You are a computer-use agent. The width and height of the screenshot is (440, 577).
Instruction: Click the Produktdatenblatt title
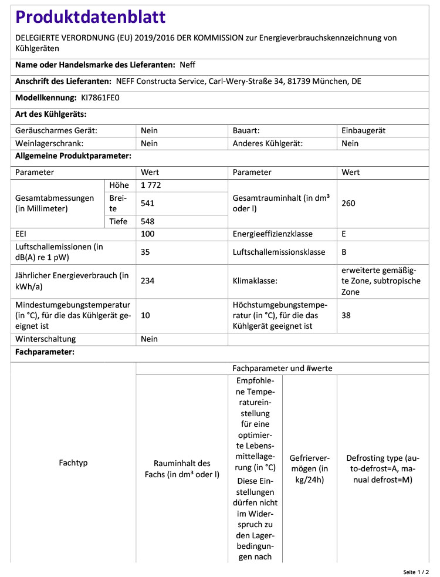90,18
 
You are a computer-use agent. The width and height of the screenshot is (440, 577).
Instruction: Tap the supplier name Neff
188,65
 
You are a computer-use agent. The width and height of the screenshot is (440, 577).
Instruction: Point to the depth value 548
148,221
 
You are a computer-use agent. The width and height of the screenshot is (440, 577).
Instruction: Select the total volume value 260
348,204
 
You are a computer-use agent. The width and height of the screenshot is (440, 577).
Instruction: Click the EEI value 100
148,234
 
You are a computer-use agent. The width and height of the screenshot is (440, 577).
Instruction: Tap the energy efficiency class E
344,234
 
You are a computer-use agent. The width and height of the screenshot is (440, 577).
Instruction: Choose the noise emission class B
344,252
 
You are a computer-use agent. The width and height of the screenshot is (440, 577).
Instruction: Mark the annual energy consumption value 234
148,281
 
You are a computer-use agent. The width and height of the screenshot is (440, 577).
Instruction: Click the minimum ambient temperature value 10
145,315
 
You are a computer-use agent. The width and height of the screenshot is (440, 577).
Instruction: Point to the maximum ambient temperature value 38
346,315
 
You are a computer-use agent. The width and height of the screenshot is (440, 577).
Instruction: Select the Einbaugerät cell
364,131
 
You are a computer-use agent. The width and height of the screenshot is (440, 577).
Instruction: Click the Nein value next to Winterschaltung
150,339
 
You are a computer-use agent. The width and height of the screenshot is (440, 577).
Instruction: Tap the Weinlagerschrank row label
49,143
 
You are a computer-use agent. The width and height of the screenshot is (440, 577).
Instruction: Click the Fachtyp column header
73,463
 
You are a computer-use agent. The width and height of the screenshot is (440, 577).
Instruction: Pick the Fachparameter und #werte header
283,369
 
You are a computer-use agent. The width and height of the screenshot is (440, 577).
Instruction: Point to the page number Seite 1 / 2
416,571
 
